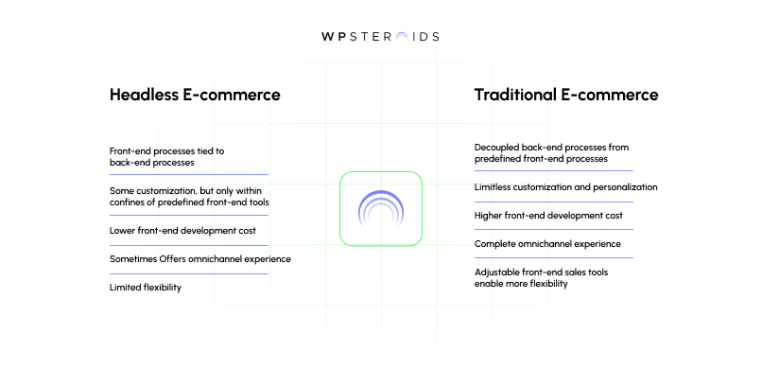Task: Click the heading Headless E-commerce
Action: (x=195, y=96)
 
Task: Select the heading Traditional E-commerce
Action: (x=566, y=96)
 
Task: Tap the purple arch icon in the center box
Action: (x=380, y=209)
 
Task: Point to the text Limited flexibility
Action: (x=146, y=287)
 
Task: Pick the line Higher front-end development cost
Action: (x=548, y=216)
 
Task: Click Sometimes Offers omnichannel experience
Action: (x=200, y=258)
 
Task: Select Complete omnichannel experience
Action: (x=547, y=244)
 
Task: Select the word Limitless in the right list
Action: (x=494, y=186)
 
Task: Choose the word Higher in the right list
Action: (x=490, y=216)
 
